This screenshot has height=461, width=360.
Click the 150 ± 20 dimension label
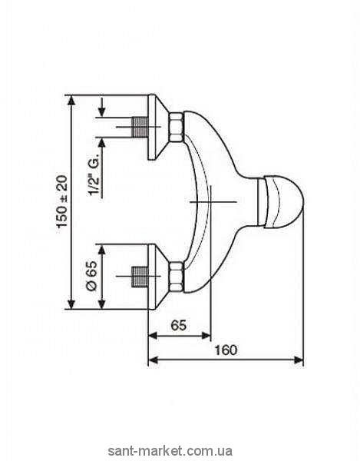point(62,201)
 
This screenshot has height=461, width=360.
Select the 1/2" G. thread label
point(94,174)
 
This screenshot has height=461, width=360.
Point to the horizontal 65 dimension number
point(179,326)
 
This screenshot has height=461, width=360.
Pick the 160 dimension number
point(226,350)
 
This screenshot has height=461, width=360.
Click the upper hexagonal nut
point(177,127)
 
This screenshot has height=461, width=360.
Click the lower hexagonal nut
point(177,277)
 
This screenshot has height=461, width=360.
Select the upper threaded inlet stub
point(140,127)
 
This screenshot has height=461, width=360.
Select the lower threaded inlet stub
point(140,277)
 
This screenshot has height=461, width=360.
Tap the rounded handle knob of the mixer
point(280,201)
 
